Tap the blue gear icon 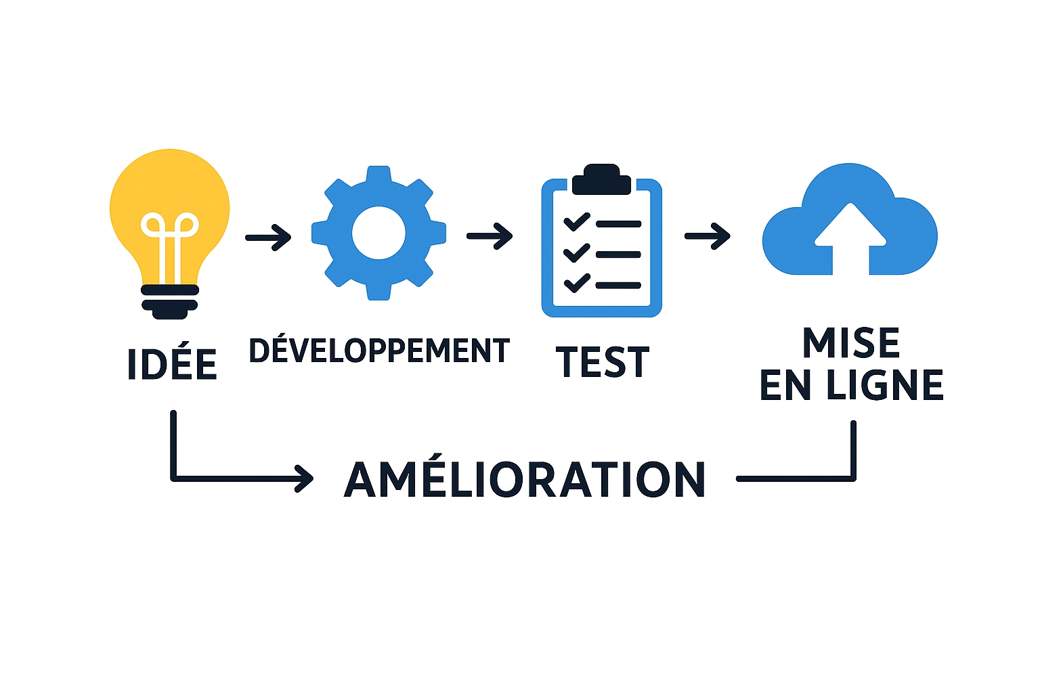(x=378, y=233)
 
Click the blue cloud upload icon (x=850, y=223)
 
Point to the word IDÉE (x=172, y=364)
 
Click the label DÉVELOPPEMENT (x=379, y=351)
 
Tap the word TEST (x=602, y=362)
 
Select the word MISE (x=851, y=343)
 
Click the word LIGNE (x=884, y=386)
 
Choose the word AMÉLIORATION (x=525, y=480)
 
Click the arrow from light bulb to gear (x=268, y=237)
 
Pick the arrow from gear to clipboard (x=490, y=236)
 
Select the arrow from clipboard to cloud (x=708, y=236)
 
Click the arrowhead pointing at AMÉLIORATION (x=305, y=478)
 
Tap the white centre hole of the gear (x=378, y=233)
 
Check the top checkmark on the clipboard (x=577, y=221)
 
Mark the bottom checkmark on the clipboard (x=577, y=283)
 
